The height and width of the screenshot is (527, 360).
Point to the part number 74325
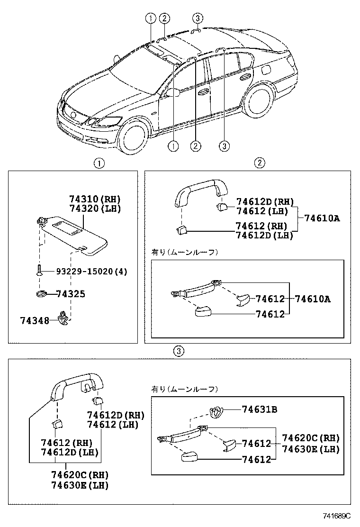[71, 294]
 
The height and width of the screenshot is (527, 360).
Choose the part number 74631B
[259, 409]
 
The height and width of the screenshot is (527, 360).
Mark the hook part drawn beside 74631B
[217, 412]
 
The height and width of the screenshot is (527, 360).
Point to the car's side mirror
[172, 92]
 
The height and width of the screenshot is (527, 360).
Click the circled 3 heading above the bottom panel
[178, 351]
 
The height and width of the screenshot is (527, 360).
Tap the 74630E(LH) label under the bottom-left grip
[80, 485]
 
